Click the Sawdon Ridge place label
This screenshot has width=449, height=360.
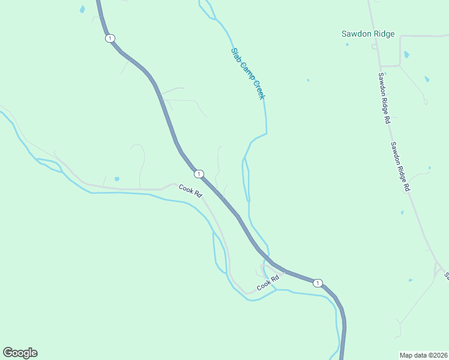click(x=368, y=34)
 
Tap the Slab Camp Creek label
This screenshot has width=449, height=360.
click(x=248, y=74)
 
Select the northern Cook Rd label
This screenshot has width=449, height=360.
click(x=191, y=191)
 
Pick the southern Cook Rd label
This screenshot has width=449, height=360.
click(x=269, y=283)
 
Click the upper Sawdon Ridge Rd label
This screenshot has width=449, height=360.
click(x=384, y=98)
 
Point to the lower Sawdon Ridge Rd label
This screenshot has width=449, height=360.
click(x=400, y=167)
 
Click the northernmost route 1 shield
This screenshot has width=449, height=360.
click(x=109, y=38)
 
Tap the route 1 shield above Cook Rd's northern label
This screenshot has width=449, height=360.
click(x=198, y=174)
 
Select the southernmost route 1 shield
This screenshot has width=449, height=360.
click(x=318, y=283)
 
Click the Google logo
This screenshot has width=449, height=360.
click(x=20, y=353)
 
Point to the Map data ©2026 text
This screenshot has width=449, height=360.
click(x=424, y=355)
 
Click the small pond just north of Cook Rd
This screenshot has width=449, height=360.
click(x=116, y=179)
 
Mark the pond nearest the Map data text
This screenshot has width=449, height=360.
click(x=411, y=280)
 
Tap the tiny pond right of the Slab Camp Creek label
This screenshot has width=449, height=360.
click(x=308, y=80)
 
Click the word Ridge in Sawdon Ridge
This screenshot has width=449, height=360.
click(x=383, y=34)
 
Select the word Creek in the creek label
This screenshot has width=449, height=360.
click(x=258, y=91)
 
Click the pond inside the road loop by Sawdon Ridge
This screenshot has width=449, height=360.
click(x=406, y=55)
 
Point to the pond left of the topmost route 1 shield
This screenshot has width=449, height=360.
click(x=82, y=9)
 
